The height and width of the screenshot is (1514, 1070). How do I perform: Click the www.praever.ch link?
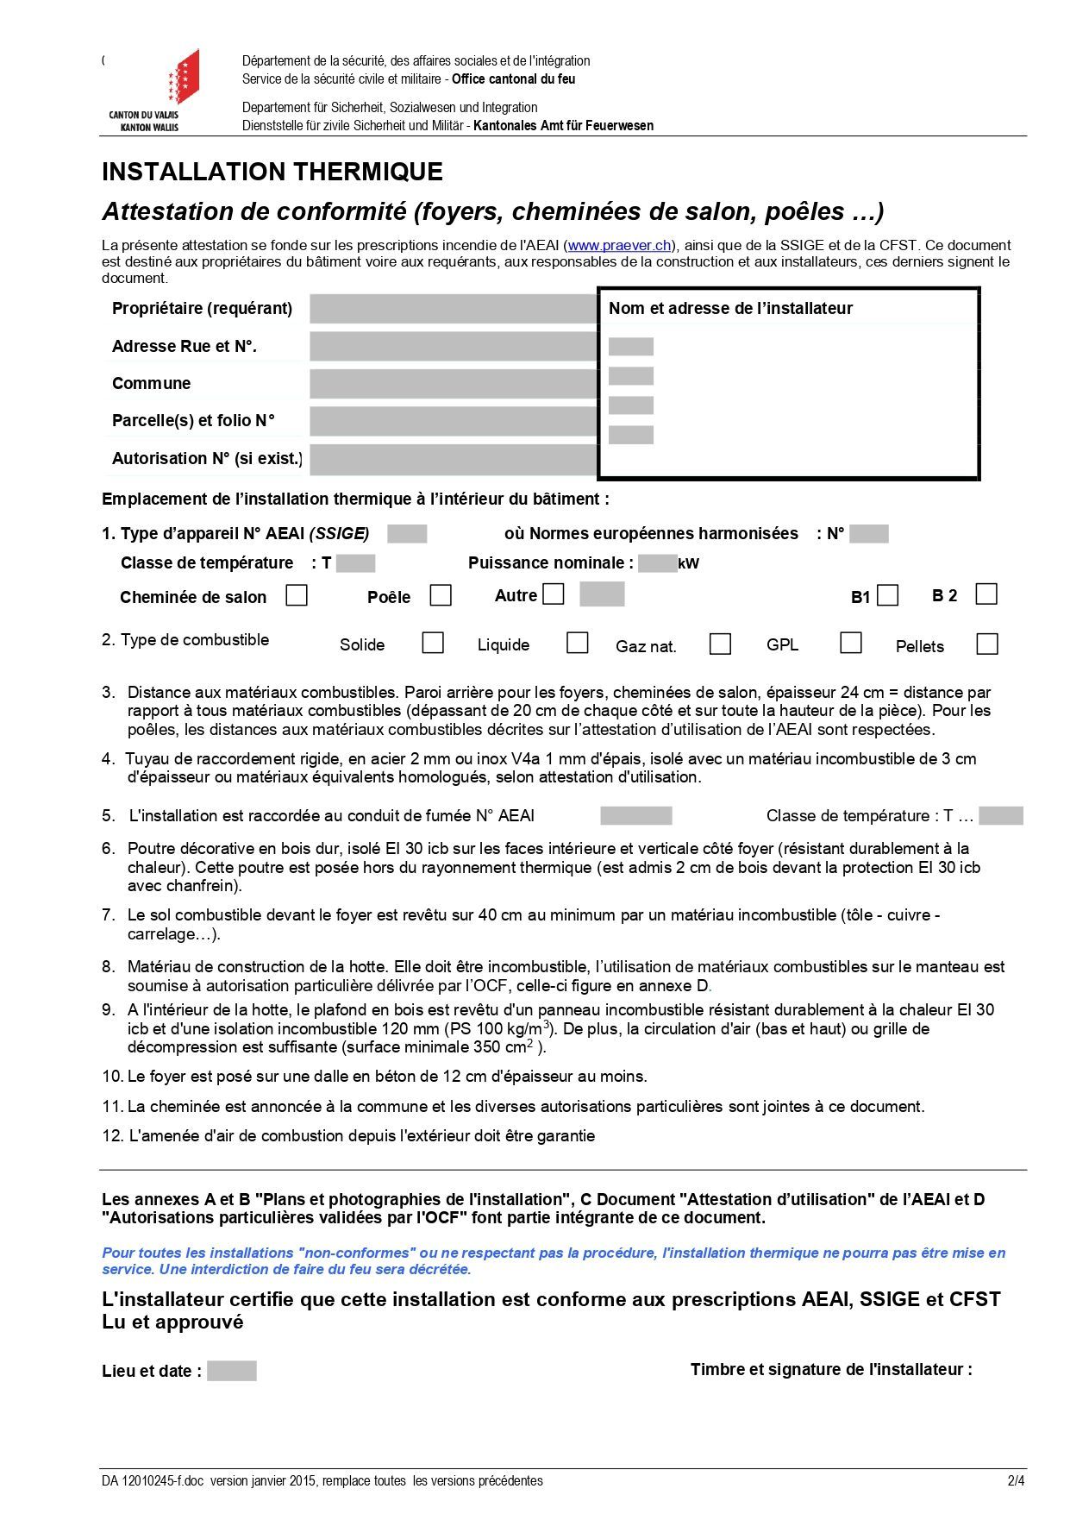[619, 245]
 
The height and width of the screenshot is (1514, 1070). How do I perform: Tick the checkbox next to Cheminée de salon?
[297, 595]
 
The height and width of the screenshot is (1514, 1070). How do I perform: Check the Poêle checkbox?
[441, 595]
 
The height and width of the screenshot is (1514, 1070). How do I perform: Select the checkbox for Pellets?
[987, 644]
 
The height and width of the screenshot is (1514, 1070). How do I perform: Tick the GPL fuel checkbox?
[851, 643]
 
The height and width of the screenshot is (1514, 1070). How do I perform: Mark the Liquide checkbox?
[578, 643]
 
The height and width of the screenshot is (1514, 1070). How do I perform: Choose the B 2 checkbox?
[986, 594]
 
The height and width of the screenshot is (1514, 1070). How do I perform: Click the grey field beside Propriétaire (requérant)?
[453, 308]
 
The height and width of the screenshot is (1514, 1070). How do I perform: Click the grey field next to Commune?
[453, 383]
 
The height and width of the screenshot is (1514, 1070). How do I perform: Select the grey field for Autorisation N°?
[453, 458]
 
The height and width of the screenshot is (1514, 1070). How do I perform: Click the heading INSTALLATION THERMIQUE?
[272, 172]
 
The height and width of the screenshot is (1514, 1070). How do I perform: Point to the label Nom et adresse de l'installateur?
[730, 309]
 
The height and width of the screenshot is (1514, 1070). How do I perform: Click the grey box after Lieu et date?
[231, 1371]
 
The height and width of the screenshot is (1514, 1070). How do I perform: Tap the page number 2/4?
[1017, 1481]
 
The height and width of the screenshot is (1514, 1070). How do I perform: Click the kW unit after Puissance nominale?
[688, 564]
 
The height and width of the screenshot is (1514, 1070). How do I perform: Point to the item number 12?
[112, 1136]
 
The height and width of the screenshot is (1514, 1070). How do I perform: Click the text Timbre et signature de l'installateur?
[830, 1369]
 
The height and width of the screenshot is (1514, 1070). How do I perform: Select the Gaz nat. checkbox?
[720, 644]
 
